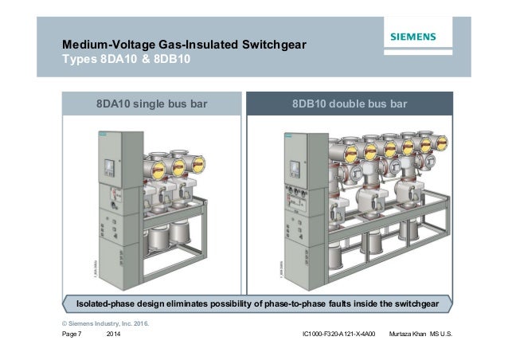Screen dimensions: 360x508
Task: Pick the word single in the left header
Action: [x=150, y=104]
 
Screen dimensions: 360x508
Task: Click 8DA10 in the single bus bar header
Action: [x=115, y=104]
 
